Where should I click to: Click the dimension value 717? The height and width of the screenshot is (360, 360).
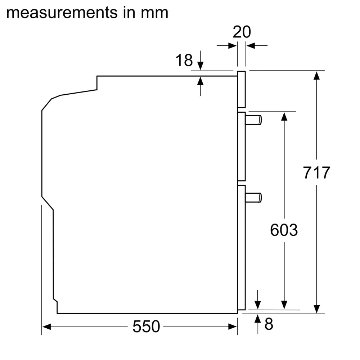316,173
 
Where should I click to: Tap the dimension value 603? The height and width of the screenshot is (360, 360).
284,230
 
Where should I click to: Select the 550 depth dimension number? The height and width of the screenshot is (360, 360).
146,327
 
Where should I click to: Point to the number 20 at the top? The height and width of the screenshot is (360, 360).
242,32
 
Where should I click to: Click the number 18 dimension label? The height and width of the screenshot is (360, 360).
184,60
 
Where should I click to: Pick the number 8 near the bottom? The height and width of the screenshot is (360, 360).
269,324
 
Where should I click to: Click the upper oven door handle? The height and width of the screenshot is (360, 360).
253,120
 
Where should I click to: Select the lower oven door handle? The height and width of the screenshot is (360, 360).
253,197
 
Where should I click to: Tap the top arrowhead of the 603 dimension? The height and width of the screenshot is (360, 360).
284,116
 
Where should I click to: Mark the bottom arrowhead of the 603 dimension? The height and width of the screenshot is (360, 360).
284,305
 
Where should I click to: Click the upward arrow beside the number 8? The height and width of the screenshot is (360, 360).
258,319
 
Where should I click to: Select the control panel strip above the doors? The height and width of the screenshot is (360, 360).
242,89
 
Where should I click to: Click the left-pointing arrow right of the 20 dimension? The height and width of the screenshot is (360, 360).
251,46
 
